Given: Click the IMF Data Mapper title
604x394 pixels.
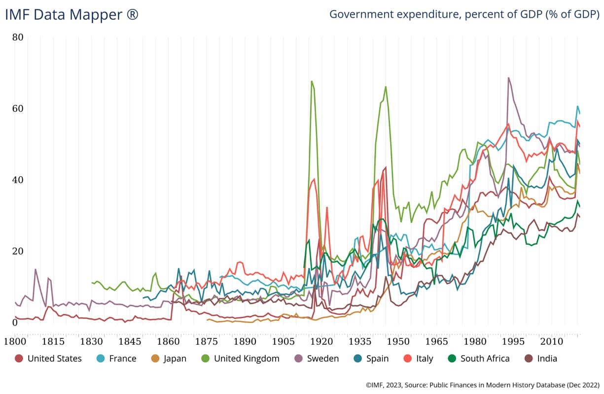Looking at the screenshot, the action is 71,15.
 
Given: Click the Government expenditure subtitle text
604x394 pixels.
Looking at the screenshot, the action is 464,14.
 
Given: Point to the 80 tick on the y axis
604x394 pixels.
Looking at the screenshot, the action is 18,37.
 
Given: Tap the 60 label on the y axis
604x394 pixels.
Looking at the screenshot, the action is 18,108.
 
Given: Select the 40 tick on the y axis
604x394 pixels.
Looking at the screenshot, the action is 18,180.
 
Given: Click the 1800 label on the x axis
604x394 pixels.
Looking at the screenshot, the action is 15,341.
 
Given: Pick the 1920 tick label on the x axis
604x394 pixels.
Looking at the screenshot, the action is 321,341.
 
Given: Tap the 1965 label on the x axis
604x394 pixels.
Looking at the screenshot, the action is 436,341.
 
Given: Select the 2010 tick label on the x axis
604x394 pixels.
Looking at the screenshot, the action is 552,341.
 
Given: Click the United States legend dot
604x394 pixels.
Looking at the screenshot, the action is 19,359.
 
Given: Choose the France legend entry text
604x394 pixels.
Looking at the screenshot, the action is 123,359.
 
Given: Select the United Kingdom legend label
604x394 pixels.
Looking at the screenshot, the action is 247,359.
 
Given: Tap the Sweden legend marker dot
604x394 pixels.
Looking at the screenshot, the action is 298,359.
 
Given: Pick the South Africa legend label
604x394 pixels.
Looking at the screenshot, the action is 485,359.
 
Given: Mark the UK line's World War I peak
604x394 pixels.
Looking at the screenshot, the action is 312,81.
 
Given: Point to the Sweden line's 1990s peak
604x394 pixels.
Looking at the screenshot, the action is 508,78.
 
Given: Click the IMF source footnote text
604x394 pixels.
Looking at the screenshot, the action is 483,385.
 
